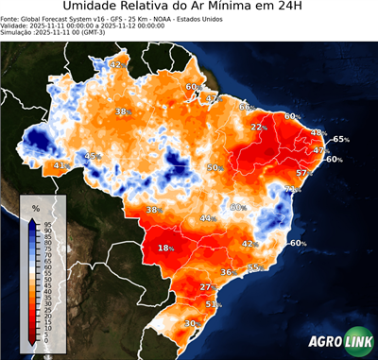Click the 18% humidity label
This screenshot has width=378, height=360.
(x=166, y=248)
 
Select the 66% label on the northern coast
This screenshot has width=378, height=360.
(x=247, y=107)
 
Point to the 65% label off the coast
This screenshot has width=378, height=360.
(x=340, y=139)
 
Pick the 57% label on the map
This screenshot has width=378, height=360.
(x=304, y=174)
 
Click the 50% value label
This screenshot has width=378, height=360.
(x=215, y=167)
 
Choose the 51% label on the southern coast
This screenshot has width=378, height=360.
(x=214, y=305)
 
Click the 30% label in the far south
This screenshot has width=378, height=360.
(x=190, y=323)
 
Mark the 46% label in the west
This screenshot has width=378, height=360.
(x=92, y=156)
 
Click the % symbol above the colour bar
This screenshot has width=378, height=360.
(x=35, y=207)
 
